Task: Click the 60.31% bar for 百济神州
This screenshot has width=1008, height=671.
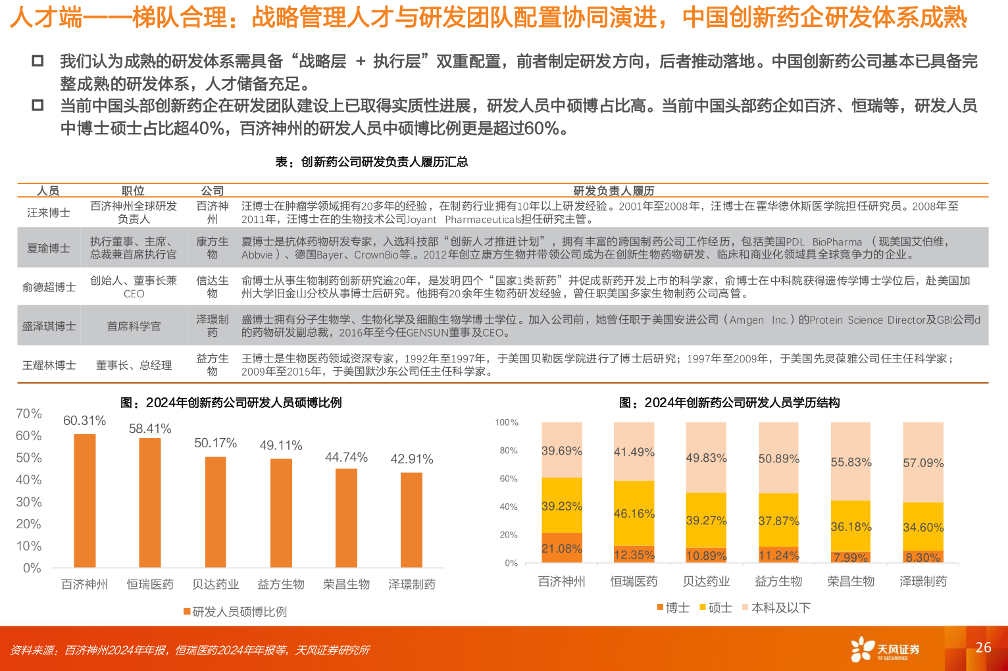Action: [84, 500]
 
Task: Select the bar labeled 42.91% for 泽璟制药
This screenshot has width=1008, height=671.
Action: [411, 520]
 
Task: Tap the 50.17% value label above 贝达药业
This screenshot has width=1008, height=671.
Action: [215, 443]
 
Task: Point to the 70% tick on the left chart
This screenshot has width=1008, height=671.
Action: [29, 414]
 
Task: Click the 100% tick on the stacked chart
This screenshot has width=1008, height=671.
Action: [507, 422]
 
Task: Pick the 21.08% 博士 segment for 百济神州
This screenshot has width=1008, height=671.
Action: [561, 548]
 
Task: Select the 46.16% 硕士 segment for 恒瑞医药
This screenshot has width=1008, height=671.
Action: [634, 513]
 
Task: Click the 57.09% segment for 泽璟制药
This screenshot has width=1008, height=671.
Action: [922, 462]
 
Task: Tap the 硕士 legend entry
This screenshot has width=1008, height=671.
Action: [715, 608]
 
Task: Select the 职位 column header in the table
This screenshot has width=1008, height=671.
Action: [133, 191]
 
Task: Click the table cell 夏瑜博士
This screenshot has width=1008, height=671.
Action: [49, 248]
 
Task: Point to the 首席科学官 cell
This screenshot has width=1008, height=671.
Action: [134, 326]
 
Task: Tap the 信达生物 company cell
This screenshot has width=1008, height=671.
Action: [212, 287]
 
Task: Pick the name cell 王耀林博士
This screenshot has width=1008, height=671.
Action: [49, 365]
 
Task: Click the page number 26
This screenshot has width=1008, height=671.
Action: [983, 647]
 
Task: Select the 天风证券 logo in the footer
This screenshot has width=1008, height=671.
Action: [884, 650]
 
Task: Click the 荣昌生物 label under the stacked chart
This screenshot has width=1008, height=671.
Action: [851, 582]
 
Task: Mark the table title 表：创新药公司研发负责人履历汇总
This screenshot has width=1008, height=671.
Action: [371, 162]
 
